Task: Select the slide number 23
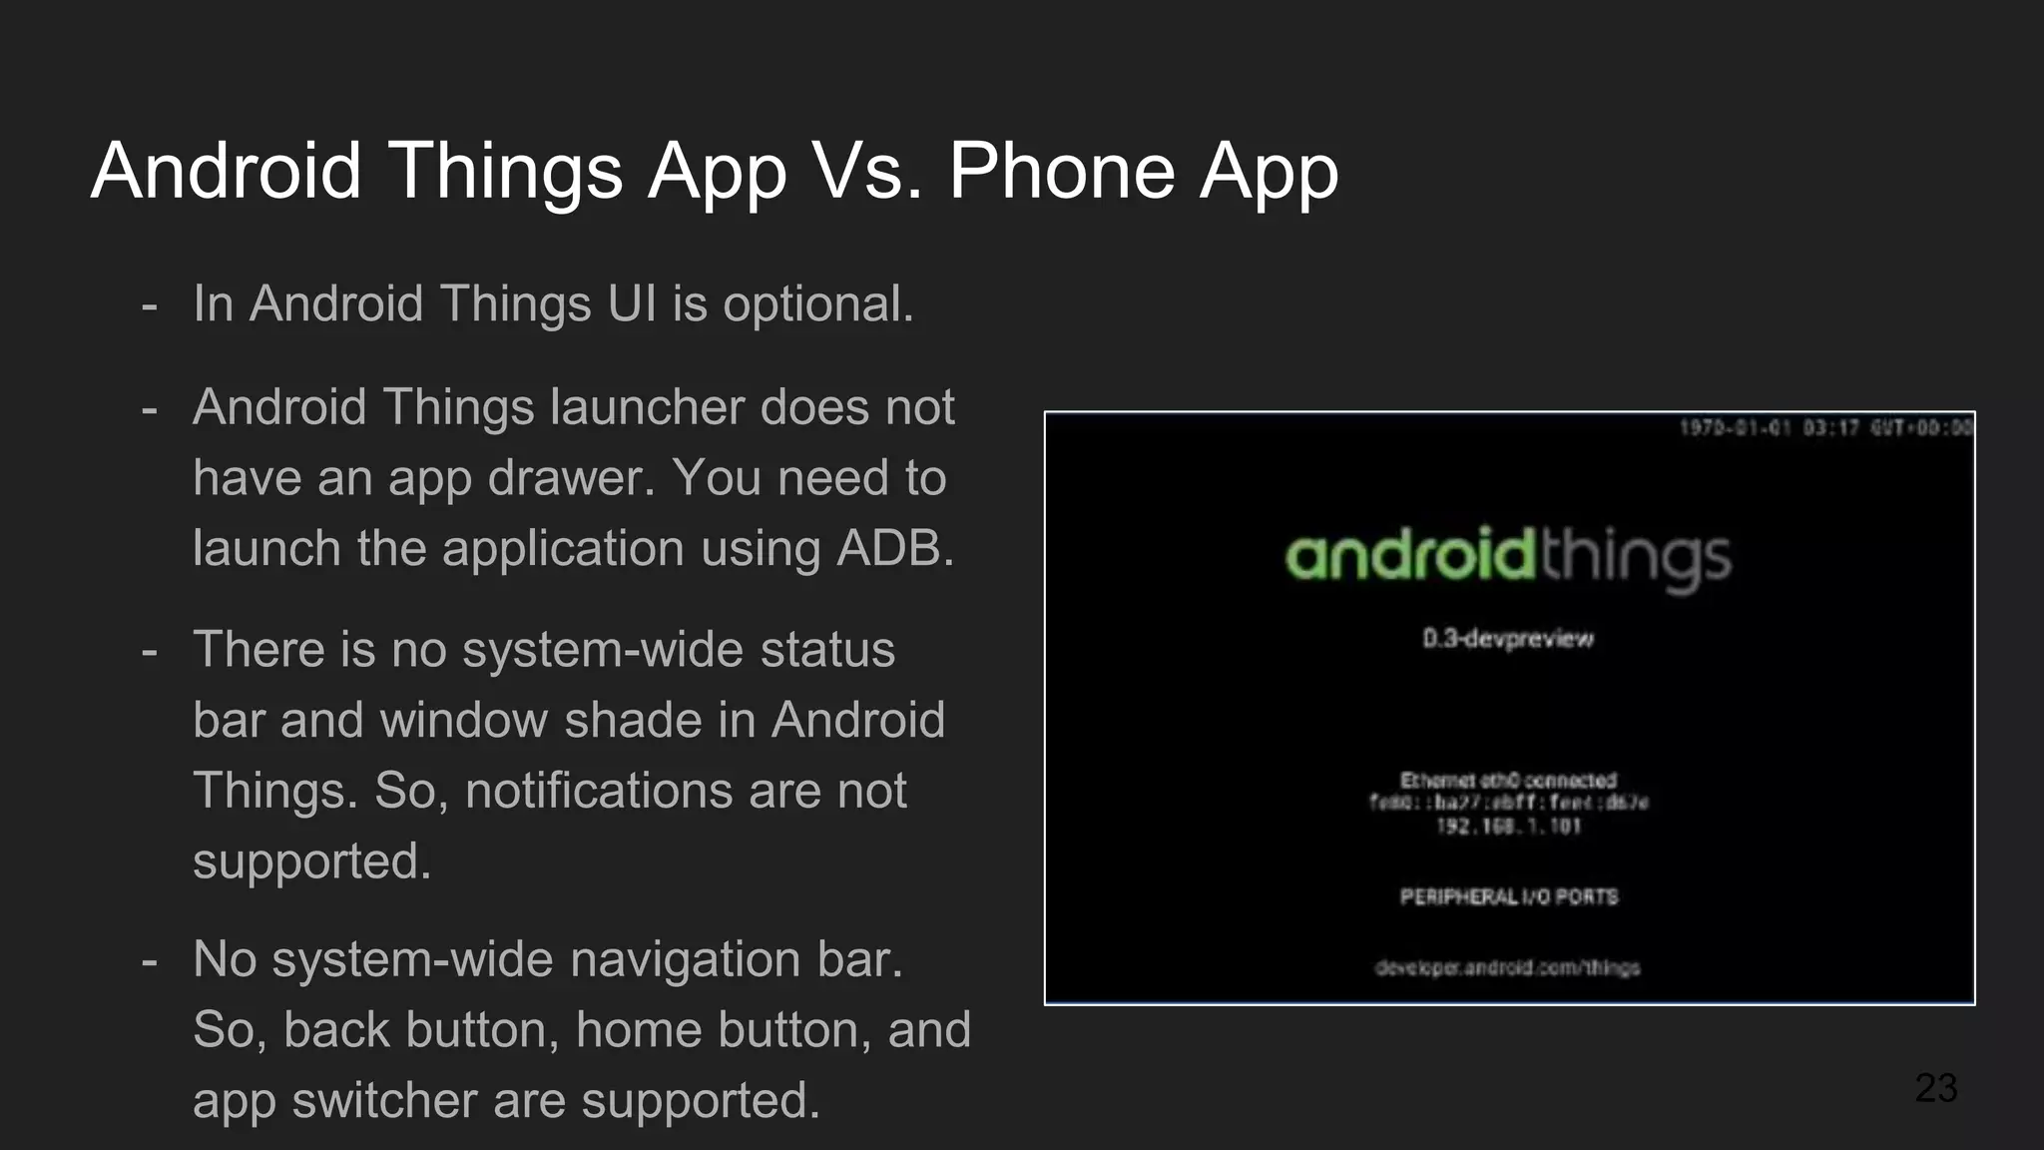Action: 1935,1087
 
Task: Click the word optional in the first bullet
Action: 817,304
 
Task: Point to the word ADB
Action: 894,548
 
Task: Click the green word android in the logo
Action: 1408,555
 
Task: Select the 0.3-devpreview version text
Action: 1508,639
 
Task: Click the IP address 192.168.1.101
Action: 1508,827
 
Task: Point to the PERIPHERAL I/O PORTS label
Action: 1508,896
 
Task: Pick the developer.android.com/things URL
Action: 1508,967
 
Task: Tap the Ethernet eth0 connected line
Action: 1508,780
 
